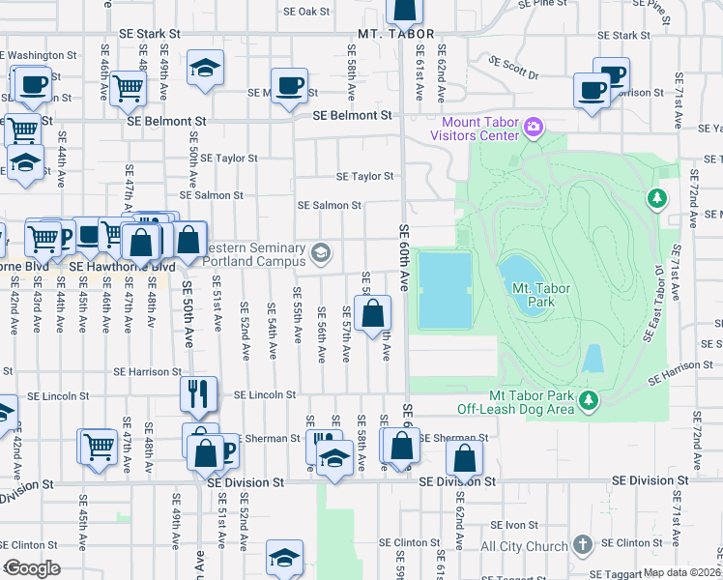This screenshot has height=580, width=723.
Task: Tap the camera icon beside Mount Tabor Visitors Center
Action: point(533,127)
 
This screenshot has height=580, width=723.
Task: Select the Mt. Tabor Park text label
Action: point(540,295)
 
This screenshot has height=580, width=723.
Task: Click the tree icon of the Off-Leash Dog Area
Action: point(587,397)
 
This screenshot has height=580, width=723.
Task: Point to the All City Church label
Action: point(525,546)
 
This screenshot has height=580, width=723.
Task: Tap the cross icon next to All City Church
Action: point(582,545)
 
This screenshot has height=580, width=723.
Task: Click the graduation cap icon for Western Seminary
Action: point(321,253)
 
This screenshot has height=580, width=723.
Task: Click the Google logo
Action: point(32,568)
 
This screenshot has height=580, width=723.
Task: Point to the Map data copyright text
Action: point(680,572)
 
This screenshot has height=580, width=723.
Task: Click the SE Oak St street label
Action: point(307,12)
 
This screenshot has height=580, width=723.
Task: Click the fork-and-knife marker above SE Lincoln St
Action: point(194,391)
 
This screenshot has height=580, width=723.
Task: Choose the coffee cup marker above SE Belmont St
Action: point(289,86)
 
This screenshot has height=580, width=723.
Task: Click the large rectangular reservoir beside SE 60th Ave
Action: point(445,289)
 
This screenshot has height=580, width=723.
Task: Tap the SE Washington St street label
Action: point(41,56)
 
